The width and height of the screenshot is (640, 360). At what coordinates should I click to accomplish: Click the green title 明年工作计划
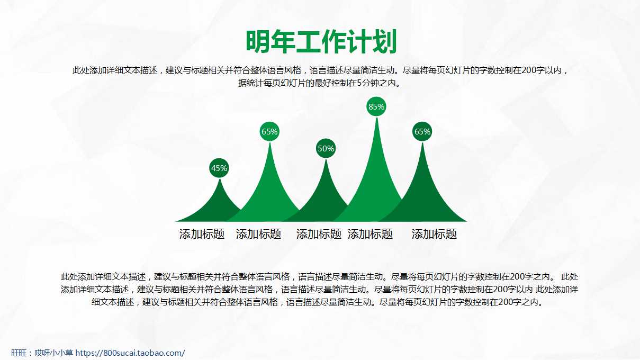(321, 42)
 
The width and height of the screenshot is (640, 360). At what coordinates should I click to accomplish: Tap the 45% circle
(219, 168)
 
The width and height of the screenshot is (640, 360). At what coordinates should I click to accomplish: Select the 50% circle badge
(326, 148)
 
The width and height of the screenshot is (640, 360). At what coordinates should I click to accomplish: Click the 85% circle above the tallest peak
(376, 106)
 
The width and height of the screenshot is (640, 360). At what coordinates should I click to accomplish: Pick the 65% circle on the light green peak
(269, 131)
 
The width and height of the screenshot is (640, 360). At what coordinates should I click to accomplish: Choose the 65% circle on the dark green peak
(422, 131)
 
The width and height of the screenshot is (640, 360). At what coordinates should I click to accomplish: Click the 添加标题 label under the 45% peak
(202, 234)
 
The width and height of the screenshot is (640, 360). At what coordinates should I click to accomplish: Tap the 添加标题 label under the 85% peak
(370, 234)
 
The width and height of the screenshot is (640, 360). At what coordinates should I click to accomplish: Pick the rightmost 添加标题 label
(434, 234)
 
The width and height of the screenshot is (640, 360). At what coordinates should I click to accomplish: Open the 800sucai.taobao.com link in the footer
(130, 353)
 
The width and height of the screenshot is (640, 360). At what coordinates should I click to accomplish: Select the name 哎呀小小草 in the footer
(53, 353)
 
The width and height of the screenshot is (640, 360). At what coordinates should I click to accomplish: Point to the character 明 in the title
(258, 42)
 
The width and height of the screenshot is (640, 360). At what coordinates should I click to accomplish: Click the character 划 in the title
(384, 42)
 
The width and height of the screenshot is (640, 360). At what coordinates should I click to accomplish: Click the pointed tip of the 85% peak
(376, 118)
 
